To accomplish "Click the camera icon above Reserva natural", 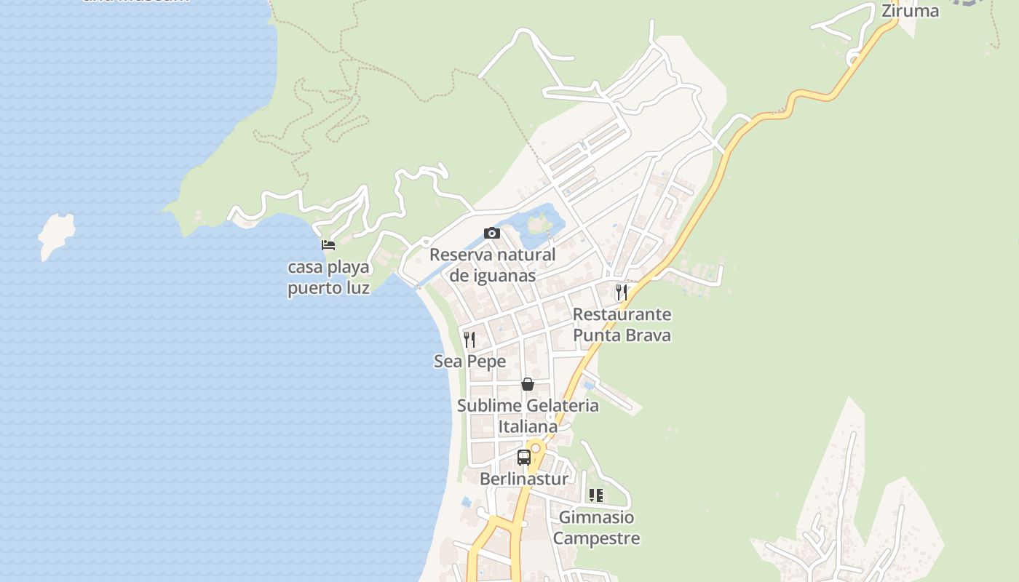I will pyautogui.click(x=492, y=234).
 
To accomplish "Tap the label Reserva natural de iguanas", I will pyautogui.click(x=493, y=265).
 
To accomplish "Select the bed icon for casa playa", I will pyautogui.click(x=328, y=245).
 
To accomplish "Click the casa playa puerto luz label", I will pyautogui.click(x=328, y=277).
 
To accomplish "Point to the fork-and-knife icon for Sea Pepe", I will pyautogui.click(x=469, y=339).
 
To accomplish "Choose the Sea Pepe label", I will pyautogui.click(x=469, y=361).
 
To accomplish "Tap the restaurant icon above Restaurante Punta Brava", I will pyautogui.click(x=621, y=292).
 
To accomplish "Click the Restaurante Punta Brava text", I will pyautogui.click(x=622, y=324).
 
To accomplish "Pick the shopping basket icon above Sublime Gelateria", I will pyautogui.click(x=528, y=383).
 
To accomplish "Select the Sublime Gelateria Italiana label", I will pyautogui.click(x=528, y=415).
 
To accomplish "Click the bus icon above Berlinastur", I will pyautogui.click(x=524, y=458).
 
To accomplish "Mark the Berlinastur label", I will pyautogui.click(x=524, y=479).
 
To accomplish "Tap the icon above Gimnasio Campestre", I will pyautogui.click(x=596, y=495).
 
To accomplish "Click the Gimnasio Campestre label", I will pyautogui.click(x=596, y=527).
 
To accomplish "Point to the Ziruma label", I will pyautogui.click(x=910, y=11).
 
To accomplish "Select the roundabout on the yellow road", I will pyautogui.click(x=536, y=448).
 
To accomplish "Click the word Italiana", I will pyautogui.click(x=528, y=426).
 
